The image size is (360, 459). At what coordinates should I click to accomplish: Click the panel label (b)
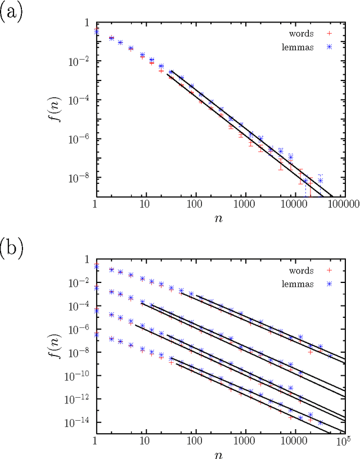point(11,247)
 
